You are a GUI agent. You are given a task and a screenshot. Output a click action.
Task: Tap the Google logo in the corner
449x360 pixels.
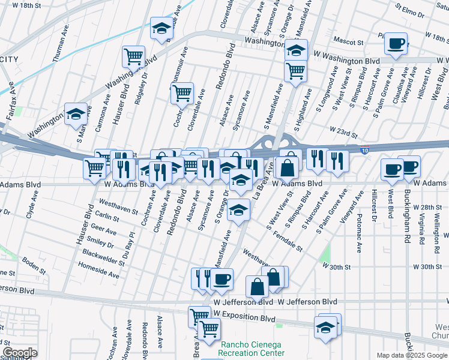pyautogui.click(x=20, y=353)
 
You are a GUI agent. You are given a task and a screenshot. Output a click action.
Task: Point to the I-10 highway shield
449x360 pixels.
pyautogui.click(x=366, y=150)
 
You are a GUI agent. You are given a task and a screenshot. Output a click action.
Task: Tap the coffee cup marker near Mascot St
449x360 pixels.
pyautogui.click(x=396, y=44)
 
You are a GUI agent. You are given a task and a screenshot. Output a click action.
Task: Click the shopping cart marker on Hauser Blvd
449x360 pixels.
pyautogui.click(x=133, y=57)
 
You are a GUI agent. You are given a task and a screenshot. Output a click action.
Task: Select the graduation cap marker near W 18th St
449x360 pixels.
pyautogui.click(x=161, y=29)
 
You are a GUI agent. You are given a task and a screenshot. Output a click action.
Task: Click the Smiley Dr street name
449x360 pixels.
pyautogui.click(x=101, y=244)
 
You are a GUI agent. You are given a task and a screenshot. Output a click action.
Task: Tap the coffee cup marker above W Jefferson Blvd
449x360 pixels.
pyautogui.click(x=222, y=279)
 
